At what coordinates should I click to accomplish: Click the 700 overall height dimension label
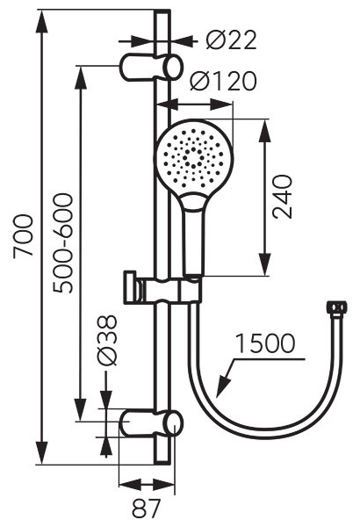24,236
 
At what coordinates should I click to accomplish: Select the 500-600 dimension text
63,243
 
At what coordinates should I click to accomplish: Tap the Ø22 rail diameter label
231,40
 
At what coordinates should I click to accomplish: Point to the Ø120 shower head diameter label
223,81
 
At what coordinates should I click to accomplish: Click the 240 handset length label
283,197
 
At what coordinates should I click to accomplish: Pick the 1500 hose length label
265,343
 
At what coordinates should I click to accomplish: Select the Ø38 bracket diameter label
106,340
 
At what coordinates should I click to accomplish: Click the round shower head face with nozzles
193,157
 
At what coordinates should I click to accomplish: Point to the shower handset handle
194,235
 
